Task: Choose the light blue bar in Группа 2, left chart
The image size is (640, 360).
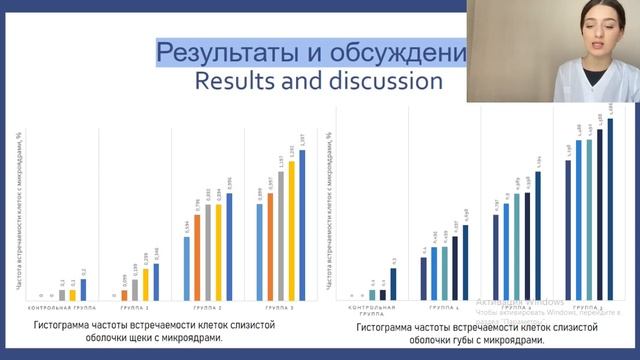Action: pos(185,267)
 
